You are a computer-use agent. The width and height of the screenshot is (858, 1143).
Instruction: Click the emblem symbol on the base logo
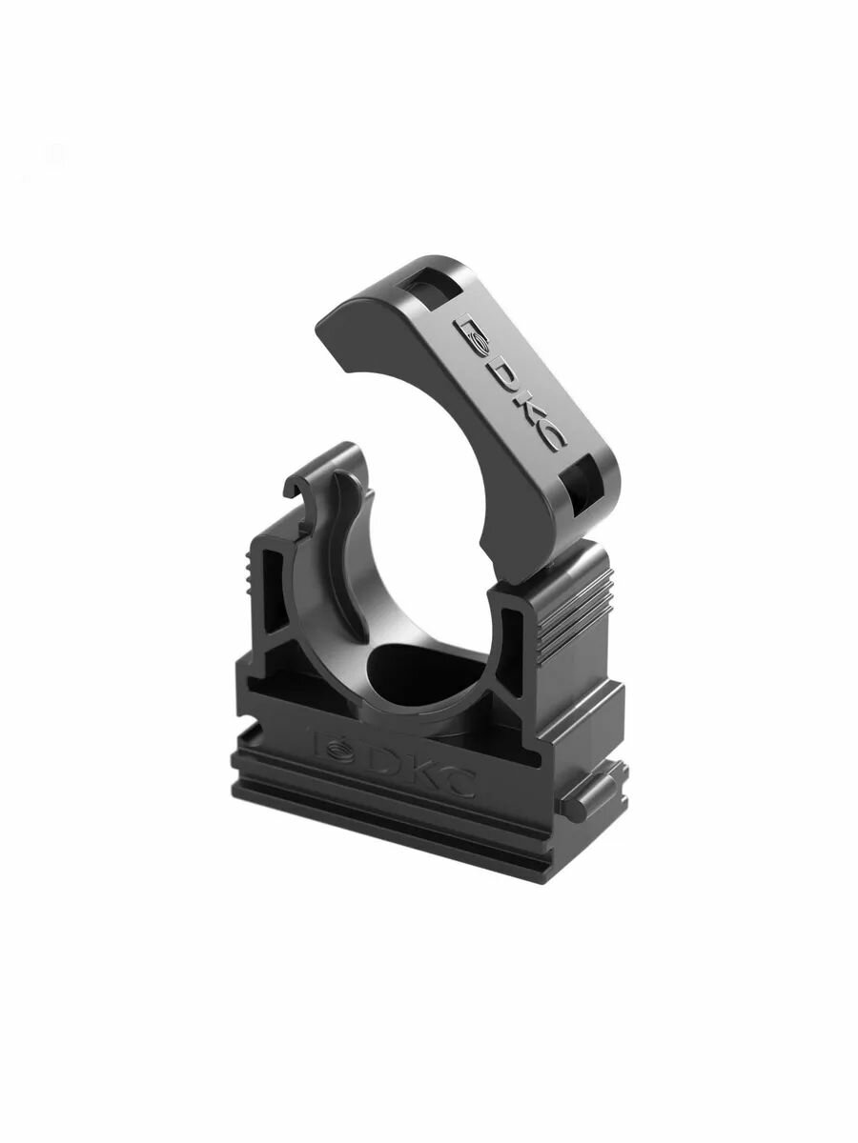[335, 746]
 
